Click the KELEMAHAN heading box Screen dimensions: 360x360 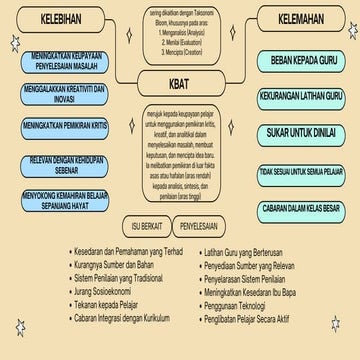click(x=297, y=20)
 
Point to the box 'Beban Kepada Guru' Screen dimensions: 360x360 click(x=297, y=61)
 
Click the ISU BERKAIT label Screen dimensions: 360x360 click(x=140, y=224)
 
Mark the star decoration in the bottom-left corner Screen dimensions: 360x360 click(x=19, y=327)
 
